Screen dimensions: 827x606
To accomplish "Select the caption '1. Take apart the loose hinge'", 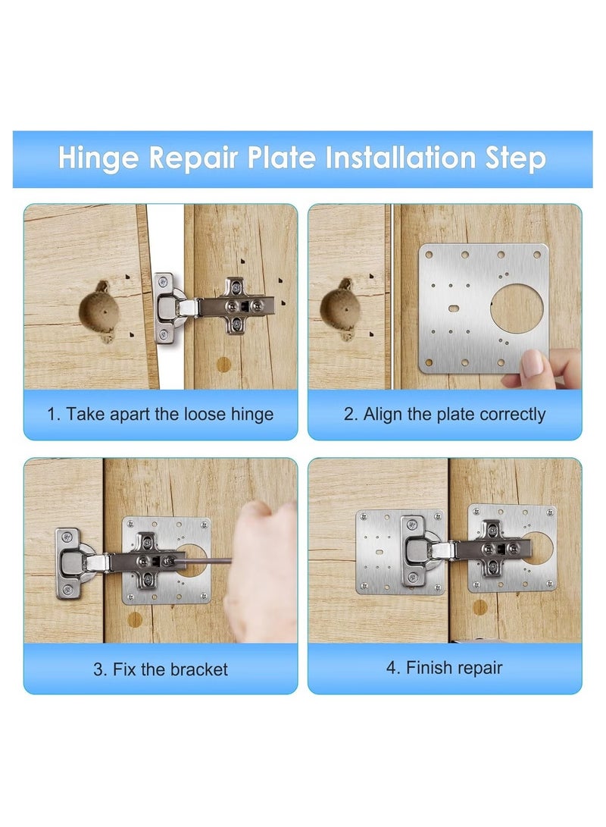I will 160,415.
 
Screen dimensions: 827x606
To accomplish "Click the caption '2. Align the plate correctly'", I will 445,415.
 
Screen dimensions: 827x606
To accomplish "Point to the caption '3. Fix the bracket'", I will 160,669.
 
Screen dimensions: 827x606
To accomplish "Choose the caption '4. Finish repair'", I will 445,668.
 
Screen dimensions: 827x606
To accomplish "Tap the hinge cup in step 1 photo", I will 170,307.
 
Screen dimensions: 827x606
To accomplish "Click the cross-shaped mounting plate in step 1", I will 241,305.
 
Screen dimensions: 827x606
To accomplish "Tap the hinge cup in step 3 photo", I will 70,563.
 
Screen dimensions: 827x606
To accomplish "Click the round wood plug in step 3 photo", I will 136,619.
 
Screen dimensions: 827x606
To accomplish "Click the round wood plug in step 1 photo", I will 223,364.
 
